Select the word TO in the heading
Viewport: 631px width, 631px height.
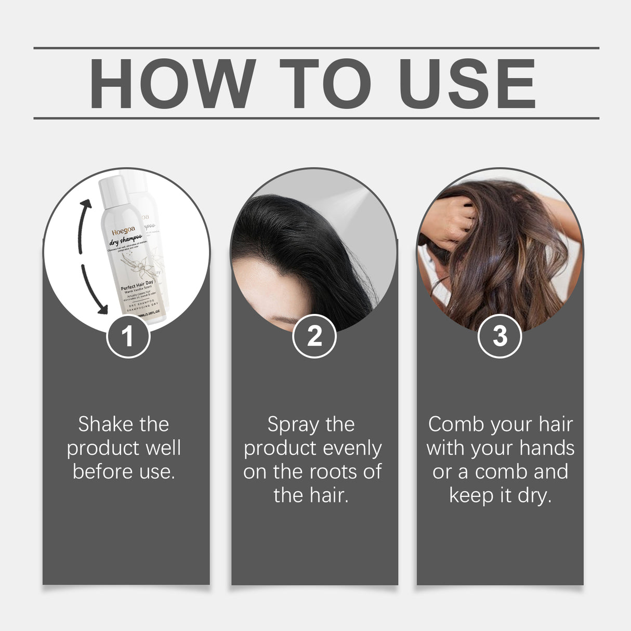[325, 84]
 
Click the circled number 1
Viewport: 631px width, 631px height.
[128, 336]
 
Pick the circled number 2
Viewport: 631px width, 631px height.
[314, 336]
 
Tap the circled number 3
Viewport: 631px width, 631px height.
[499, 336]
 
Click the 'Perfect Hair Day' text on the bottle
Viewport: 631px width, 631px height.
[137, 285]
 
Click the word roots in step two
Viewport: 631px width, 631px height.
[336, 472]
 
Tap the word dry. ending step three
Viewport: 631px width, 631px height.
[534, 496]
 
